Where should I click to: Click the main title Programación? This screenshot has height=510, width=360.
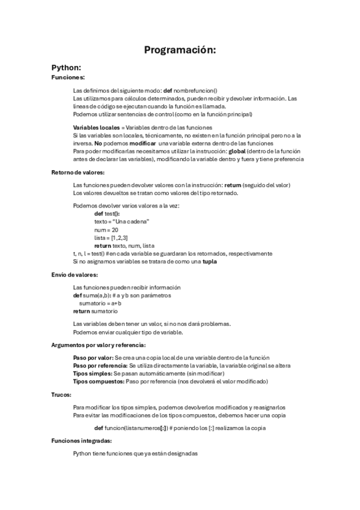pyautogui.click(x=180, y=50)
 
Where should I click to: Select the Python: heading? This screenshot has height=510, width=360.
pyautogui.click(x=66, y=67)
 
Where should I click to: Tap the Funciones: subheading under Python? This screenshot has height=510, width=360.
pyautogui.click(x=68, y=78)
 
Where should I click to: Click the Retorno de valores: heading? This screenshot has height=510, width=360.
pyautogui.click(x=78, y=172)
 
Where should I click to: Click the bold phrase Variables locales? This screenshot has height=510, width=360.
pyautogui.click(x=96, y=127)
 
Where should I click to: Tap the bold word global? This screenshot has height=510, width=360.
pyautogui.click(x=231, y=151)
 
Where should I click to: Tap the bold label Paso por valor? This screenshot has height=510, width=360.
pyautogui.click(x=93, y=357)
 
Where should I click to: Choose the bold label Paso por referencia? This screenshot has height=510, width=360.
pyautogui.click(x=100, y=365)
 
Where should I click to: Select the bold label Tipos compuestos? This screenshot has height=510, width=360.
pyautogui.click(x=99, y=381)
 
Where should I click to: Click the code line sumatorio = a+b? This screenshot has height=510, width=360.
pyautogui.click(x=100, y=304)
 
